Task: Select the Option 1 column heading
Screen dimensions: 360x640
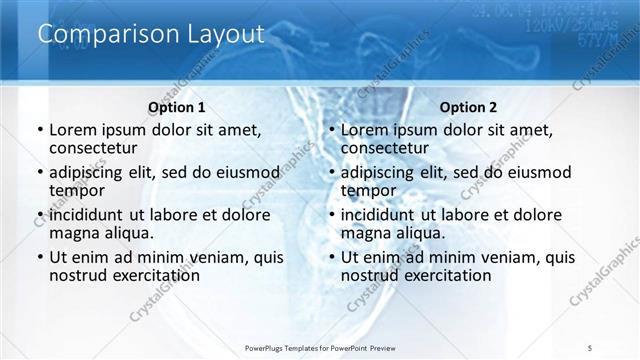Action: coord(177,108)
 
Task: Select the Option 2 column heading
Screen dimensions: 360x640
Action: coord(468,108)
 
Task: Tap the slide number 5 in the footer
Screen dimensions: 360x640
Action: coord(591,347)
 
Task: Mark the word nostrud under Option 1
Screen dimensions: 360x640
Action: coord(78,275)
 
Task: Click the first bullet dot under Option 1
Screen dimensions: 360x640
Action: coord(39,131)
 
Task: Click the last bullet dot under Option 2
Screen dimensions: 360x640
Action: coord(331,257)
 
